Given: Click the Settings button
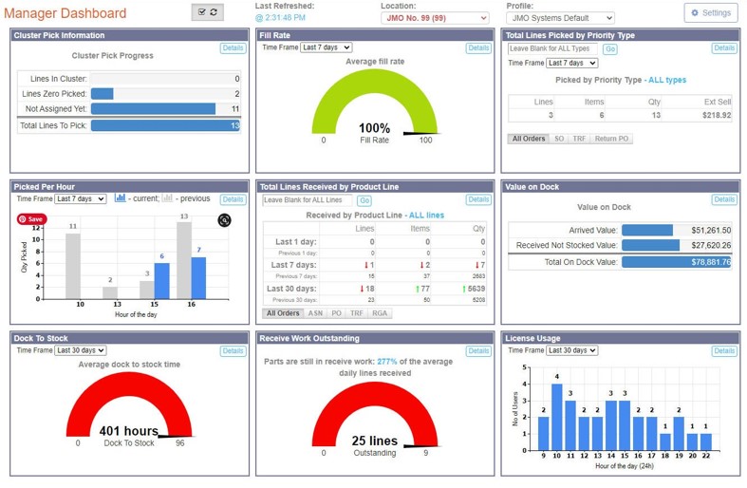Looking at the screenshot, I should coord(710,13).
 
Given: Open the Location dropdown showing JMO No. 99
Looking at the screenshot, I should coord(435,18).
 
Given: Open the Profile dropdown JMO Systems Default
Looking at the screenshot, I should coord(560,18).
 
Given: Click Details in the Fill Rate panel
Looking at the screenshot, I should coord(477,47).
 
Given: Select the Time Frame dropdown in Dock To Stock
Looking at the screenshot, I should coord(80,350).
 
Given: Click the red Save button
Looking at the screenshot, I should coord(30,219).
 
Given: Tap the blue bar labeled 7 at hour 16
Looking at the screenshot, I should coord(198,277).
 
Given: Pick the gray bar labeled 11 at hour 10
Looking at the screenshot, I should coord(73,265).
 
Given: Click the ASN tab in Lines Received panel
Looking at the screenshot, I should coord(315,313).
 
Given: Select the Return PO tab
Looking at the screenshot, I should coord(611,139).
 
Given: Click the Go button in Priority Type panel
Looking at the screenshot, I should coord(609,49).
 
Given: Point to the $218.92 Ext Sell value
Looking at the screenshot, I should coord(716,115).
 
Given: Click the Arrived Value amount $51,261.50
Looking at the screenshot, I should coord(711,230).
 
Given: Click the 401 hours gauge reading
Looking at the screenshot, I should coord(128,430).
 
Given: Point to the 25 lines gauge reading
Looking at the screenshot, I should coord(374,441).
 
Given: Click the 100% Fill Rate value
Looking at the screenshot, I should coord(374,128).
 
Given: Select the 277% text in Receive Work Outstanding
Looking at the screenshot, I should coord(386,362).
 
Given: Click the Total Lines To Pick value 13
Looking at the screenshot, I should coord(234,125).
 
